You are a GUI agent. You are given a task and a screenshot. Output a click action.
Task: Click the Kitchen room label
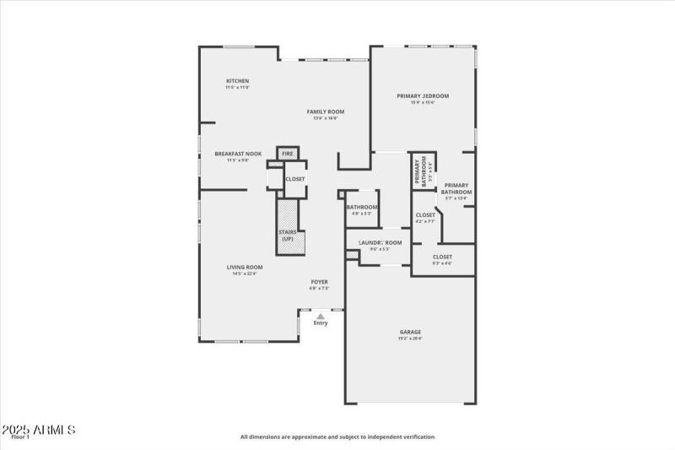pos(237,81)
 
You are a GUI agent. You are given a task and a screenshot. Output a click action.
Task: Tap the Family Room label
pos(325,111)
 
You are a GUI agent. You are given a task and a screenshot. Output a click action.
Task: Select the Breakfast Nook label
pos(238,154)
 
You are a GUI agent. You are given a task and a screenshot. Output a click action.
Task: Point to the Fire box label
pos(288,154)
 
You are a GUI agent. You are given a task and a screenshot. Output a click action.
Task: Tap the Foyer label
pos(319,281)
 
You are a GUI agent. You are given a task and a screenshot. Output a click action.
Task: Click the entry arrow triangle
pos(321,315)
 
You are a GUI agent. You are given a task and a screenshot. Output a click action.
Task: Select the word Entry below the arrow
pos(321,323)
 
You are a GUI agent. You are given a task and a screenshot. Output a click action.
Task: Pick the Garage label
pos(410,332)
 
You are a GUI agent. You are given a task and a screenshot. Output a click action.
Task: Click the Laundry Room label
pos(374,242)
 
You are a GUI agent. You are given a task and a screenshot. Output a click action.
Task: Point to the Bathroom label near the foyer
pos(361,207)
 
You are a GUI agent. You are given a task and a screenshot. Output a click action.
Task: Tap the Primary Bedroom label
pos(423,96)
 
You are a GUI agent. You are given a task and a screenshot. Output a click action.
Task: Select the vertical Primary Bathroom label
pos(419,173)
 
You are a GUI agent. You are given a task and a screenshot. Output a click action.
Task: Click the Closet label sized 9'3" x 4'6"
pos(442,257)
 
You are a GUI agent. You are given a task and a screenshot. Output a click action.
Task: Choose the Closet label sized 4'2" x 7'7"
pos(425,215)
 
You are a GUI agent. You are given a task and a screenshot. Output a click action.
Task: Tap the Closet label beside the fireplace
pos(295,179)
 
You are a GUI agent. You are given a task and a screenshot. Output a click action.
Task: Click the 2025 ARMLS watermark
pos(39,431)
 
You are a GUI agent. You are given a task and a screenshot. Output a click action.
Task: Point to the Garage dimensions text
pos(410,339)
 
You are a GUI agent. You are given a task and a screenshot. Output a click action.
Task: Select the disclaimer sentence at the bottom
pos(337,437)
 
